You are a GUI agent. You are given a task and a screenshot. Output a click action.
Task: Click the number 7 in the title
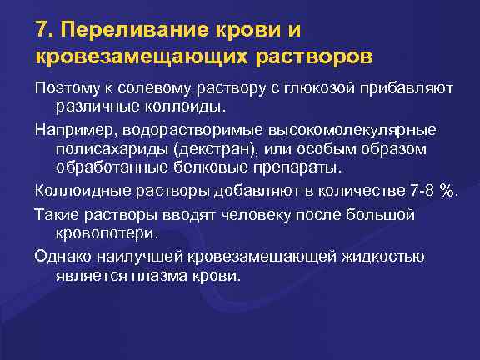42,31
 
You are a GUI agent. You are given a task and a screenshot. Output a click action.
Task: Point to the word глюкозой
342,88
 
